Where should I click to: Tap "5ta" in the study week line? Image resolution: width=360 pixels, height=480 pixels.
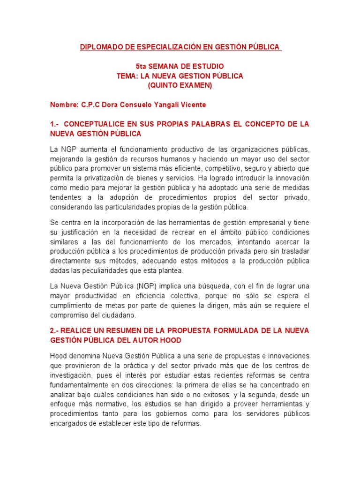(x=141, y=67)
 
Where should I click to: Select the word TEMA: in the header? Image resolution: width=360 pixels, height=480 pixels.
(x=127, y=76)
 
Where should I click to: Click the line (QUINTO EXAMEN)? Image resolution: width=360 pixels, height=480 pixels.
(x=180, y=85)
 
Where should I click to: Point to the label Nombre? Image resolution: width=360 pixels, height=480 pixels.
(x=64, y=105)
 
